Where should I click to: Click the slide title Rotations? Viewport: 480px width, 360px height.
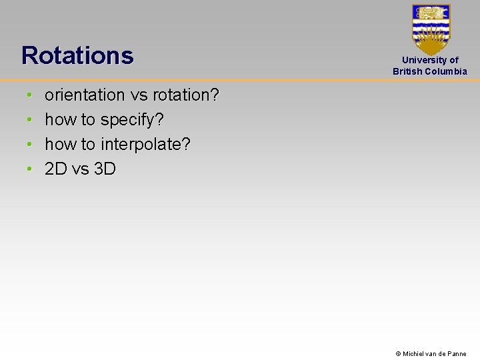click(77, 55)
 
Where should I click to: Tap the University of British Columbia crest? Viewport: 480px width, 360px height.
click(431, 29)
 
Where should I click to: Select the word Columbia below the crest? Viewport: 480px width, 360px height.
click(447, 71)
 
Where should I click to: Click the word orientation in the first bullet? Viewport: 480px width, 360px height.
click(85, 95)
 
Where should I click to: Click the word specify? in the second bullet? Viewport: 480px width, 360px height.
click(132, 120)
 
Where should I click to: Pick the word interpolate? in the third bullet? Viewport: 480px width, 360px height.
click(145, 145)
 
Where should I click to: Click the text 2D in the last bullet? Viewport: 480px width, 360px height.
click(56, 169)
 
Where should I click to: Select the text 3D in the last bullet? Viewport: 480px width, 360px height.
click(105, 169)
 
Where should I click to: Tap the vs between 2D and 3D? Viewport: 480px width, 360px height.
click(80, 169)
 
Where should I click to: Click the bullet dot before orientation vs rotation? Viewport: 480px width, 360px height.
click(29, 96)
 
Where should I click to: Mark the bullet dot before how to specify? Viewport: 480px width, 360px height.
click(29, 121)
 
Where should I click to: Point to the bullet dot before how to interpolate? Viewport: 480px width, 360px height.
click(29, 145)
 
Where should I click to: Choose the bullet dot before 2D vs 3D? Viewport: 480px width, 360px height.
click(29, 170)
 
